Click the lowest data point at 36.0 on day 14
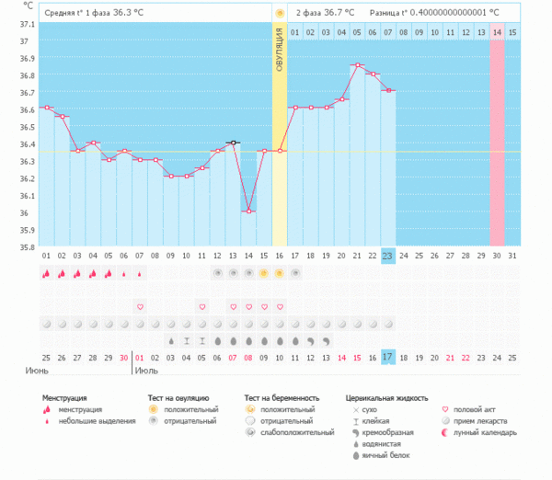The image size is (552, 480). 248,211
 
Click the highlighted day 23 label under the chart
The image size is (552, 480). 388,255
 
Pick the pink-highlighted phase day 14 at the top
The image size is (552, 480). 497,32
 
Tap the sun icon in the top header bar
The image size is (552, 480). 279,13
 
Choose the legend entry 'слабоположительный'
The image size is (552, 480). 297,431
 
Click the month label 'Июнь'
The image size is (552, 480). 38,371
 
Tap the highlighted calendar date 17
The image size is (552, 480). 388,357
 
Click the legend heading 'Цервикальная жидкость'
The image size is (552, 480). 386,398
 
